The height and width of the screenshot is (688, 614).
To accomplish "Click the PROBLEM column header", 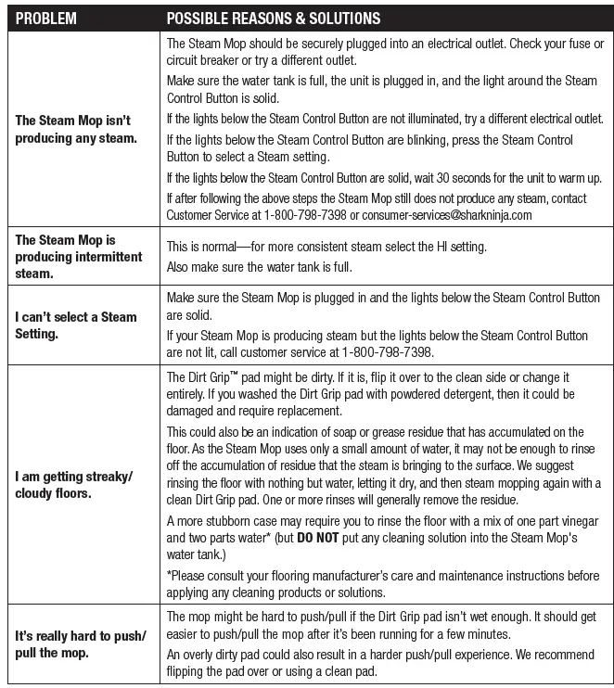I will click(46, 19).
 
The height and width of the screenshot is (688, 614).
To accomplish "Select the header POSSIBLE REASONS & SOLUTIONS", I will click(273, 19).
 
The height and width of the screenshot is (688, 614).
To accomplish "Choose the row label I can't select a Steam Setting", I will click(76, 325).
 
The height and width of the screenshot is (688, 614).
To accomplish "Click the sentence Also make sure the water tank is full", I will click(274, 267).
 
